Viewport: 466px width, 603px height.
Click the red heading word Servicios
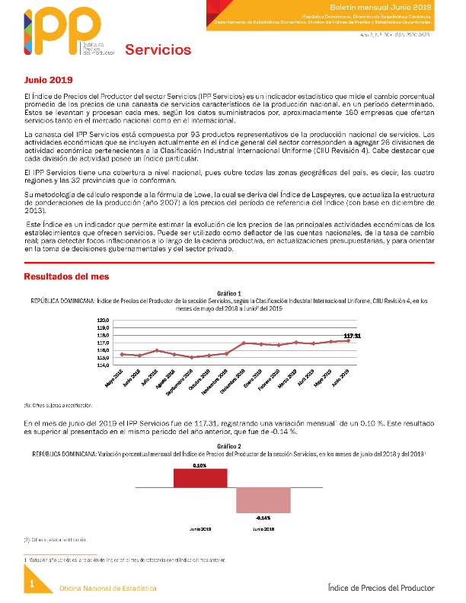tap(158, 50)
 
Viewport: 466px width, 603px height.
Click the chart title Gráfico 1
tap(229, 293)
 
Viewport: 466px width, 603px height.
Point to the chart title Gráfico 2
tap(229, 445)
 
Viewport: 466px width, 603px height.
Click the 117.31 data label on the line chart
tap(351, 335)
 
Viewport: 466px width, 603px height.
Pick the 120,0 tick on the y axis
tap(104, 320)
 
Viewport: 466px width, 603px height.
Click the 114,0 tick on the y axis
tap(104, 365)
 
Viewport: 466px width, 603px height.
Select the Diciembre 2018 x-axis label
tap(236, 378)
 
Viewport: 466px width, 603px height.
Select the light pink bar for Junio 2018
tap(263, 500)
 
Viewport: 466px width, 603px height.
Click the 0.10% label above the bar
tap(199, 464)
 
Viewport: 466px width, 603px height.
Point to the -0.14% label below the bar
tap(263, 518)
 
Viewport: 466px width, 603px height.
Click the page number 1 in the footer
tap(32, 584)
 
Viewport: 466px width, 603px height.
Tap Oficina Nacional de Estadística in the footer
tap(109, 589)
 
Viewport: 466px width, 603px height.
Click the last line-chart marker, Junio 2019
tap(349, 340)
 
